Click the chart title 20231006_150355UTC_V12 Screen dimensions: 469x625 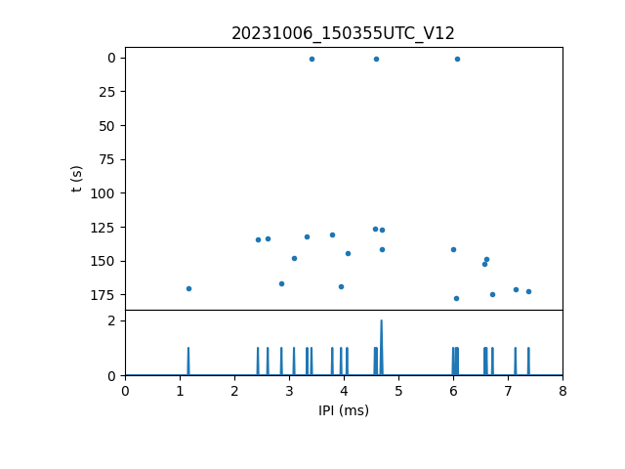click(x=343, y=33)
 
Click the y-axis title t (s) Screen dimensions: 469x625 click(x=77, y=179)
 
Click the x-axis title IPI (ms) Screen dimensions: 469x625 click(x=343, y=410)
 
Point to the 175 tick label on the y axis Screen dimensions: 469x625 click(x=104, y=294)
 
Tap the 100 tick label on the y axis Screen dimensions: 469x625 click(x=104, y=193)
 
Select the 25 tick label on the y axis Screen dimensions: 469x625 click(x=108, y=92)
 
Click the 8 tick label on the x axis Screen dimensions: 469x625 click(x=562, y=391)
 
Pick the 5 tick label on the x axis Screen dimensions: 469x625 click(x=398, y=391)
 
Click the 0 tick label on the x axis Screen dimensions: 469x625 click(x=125, y=391)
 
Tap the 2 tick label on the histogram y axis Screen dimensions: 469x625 click(x=112, y=320)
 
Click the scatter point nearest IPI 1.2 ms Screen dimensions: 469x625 click(x=188, y=288)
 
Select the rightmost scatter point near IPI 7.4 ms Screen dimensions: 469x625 click(x=528, y=291)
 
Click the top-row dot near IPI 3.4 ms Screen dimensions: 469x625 click(x=312, y=59)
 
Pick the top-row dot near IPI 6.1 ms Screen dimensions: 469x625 click(x=457, y=59)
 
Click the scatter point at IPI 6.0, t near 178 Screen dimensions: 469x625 click(x=456, y=298)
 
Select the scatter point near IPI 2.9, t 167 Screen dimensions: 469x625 click(x=281, y=283)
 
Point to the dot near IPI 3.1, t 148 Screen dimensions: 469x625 click(x=294, y=258)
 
